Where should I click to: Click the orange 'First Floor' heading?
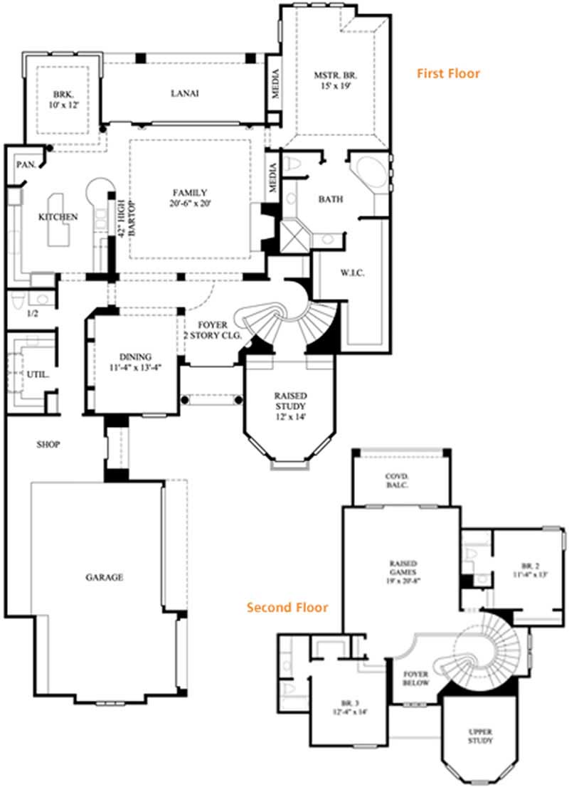pyautogui.click(x=448, y=73)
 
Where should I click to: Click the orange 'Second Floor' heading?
pyautogui.click(x=287, y=607)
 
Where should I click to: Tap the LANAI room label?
pyautogui.click(x=184, y=93)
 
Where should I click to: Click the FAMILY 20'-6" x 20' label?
pyautogui.click(x=190, y=197)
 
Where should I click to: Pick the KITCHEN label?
pyautogui.click(x=58, y=216)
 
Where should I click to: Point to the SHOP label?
pyautogui.click(x=48, y=445)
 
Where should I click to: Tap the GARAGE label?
pyautogui.click(x=105, y=577)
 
